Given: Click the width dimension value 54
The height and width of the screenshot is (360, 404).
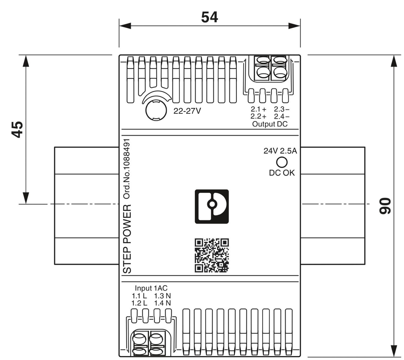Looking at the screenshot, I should pos(209,17).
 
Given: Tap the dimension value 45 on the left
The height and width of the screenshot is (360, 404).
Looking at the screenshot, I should pos(17,129).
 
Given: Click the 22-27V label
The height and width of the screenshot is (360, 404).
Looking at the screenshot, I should pos(187,112).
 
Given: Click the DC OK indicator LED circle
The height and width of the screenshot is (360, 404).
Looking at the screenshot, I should pos(281,162).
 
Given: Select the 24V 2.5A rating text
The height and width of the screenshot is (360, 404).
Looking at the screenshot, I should pos(280,151).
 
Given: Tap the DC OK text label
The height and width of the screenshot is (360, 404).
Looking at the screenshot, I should pos(282,173).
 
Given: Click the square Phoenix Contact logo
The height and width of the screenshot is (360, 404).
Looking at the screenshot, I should pos(212,206).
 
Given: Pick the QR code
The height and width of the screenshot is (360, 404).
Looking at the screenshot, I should pos(212,255).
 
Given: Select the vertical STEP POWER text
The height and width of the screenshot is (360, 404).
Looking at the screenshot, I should pos(127,239).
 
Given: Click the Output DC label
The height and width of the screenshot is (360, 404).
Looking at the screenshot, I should pos(269,124).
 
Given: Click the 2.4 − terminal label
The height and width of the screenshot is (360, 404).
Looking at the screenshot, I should pos(281,117).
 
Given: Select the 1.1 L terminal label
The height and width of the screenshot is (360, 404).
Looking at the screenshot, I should pos(139,295).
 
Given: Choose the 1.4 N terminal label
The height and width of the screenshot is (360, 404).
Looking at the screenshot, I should pos(162,303).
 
